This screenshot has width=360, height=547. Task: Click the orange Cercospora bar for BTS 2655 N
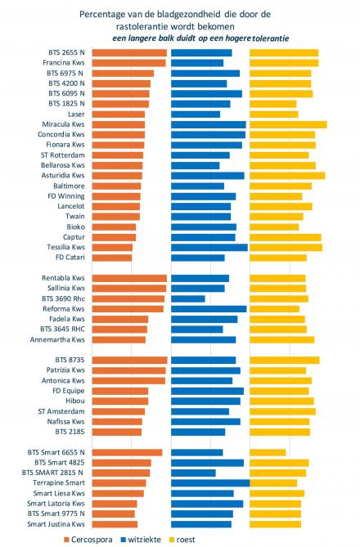(x=128, y=52)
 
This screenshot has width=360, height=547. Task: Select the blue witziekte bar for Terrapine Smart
(x=209, y=483)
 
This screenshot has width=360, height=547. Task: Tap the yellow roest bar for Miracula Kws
(x=287, y=124)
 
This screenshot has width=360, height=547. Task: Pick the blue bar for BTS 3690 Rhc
(x=187, y=299)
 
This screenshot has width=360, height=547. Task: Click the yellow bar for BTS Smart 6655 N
(x=268, y=452)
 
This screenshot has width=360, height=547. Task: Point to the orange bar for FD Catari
(x=111, y=258)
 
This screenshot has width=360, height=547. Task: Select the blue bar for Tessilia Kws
(x=209, y=247)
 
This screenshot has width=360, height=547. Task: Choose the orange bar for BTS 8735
(x=129, y=360)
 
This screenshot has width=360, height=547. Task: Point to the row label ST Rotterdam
(x=62, y=155)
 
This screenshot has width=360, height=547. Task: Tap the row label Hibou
(x=73, y=401)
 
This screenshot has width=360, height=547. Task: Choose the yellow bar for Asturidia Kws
(x=286, y=175)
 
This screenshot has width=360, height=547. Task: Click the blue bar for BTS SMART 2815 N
(x=193, y=473)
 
